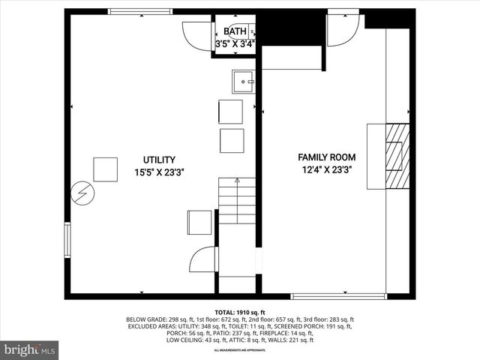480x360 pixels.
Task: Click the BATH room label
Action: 235,31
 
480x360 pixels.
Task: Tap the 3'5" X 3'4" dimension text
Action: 235,44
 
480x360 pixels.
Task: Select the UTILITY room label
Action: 159,160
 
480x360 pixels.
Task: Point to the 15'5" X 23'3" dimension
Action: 159,172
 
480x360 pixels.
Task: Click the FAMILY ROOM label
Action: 327,157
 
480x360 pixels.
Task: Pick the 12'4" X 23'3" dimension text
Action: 327,169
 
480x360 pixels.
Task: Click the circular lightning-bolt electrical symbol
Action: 81,194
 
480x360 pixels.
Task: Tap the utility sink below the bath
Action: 244,80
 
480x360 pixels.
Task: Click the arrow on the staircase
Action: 237,181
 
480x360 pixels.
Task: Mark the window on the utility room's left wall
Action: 67,240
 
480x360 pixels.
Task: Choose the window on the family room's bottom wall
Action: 337,296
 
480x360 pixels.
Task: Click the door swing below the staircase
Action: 204,259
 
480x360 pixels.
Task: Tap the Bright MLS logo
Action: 30,349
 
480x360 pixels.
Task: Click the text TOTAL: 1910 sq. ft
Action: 240,312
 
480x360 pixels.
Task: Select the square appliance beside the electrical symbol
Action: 106,169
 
